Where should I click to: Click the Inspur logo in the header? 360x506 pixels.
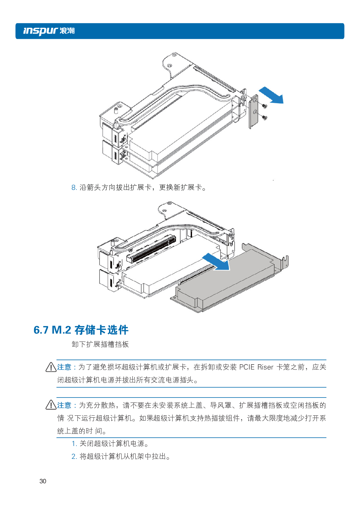coord(49,31)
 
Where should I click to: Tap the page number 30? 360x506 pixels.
coord(43,481)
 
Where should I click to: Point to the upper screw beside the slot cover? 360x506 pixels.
coord(264,106)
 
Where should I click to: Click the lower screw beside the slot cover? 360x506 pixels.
coord(264,117)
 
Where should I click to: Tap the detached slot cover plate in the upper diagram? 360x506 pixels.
coord(254,112)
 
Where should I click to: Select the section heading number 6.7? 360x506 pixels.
coord(41,330)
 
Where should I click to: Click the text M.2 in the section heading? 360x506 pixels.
coord(61,330)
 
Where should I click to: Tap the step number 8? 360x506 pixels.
coord(74,188)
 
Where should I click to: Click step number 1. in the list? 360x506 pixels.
coord(74,444)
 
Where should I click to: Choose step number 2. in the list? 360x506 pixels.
coord(74,457)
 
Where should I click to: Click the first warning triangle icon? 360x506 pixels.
coord(51,367)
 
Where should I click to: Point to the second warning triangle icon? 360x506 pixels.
coord(51,405)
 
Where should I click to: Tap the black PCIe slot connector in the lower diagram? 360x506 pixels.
coord(152,249)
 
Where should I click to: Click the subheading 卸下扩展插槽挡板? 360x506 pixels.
coord(100,344)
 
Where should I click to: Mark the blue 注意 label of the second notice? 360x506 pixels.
coord(64,405)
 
